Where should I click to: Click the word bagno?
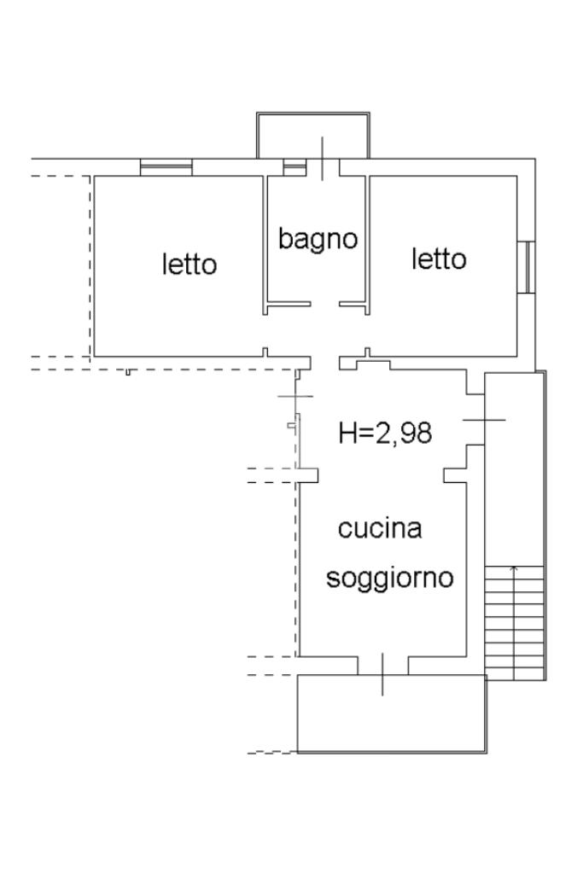318,239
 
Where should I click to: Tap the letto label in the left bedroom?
189,265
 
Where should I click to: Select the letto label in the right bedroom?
440,259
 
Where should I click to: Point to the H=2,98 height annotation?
385,433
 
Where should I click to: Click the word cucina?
380,529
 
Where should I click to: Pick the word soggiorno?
390,579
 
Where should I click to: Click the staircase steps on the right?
514,623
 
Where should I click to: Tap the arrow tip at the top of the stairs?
514,567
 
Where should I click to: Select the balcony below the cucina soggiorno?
391,714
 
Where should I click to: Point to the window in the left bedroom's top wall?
166,167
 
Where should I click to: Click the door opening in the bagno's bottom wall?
325,304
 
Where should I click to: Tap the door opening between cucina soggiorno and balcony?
382,666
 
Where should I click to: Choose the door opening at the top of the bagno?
323,167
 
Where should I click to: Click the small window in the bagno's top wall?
294,167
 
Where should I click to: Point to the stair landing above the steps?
514,469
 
